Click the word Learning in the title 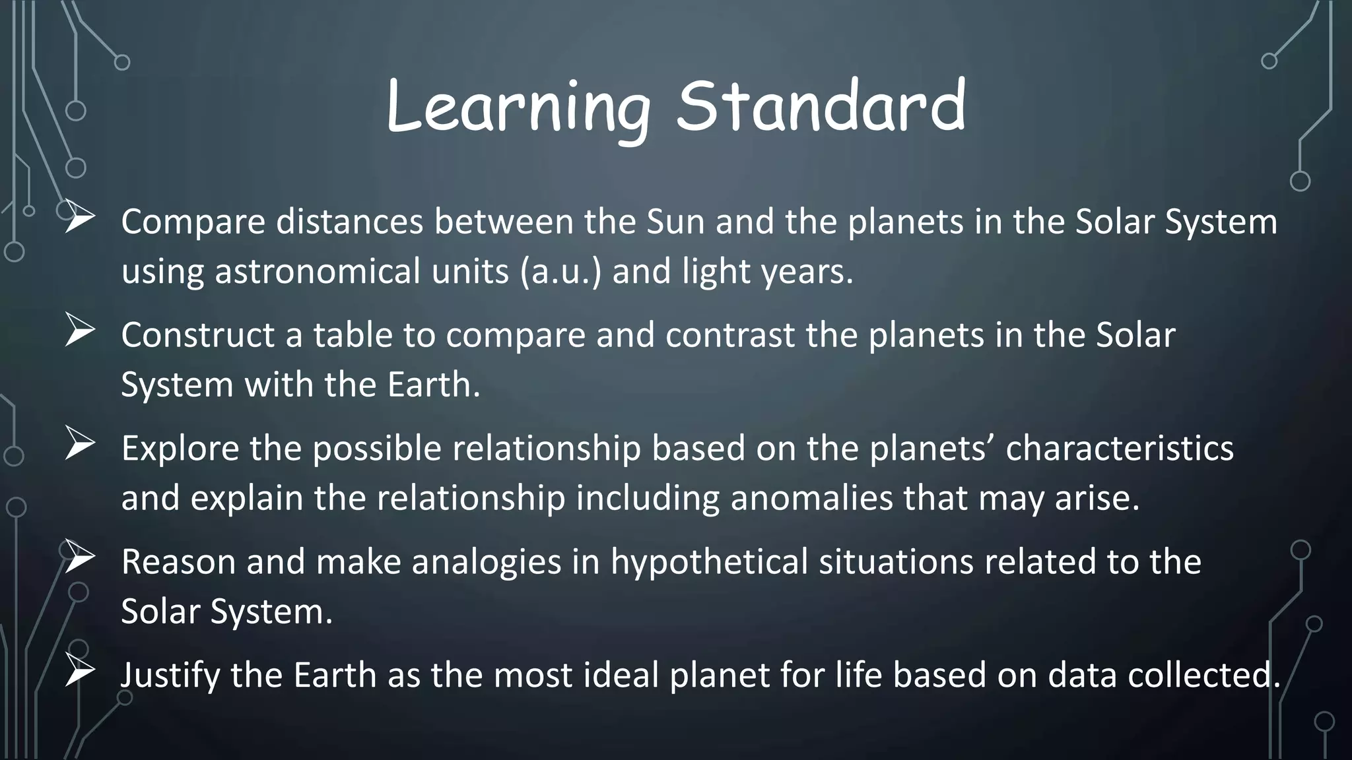click(519, 108)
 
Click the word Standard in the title click(821, 106)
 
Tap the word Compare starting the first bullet click(193, 222)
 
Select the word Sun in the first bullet click(675, 222)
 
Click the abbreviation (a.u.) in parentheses click(560, 272)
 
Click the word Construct click(197, 335)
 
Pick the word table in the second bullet click(353, 335)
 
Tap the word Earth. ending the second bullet click(433, 385)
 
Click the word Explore click(180, 449)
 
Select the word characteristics click(1120, 449)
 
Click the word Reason click(178, 562)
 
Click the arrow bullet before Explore click(80, 445)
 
